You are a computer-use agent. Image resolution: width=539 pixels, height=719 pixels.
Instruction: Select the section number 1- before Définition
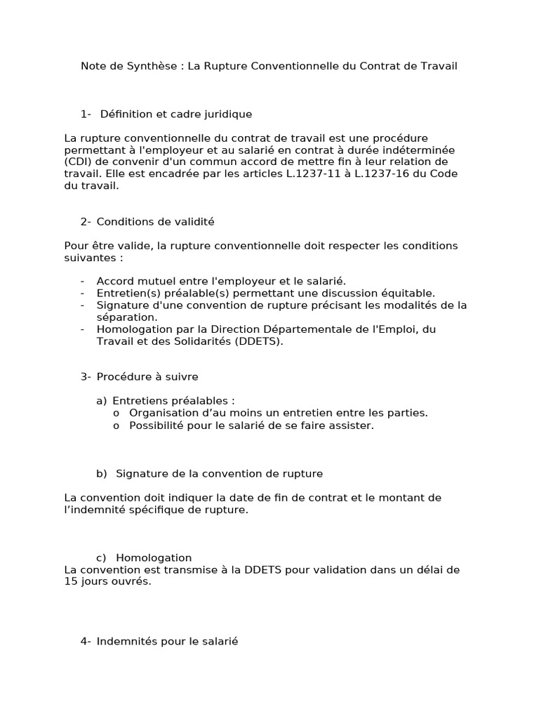86,114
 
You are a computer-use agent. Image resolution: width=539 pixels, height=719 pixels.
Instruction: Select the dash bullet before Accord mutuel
83,281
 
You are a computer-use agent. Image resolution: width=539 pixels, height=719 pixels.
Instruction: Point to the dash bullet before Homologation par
83,329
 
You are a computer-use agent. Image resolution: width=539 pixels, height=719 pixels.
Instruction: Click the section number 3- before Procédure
86,377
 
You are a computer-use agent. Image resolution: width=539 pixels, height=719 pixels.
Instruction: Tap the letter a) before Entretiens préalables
102,401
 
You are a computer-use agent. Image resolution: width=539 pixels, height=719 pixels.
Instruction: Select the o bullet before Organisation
117,413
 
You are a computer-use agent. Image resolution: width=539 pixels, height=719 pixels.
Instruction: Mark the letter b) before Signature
102,474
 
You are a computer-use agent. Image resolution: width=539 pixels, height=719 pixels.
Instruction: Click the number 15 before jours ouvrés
70,582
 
